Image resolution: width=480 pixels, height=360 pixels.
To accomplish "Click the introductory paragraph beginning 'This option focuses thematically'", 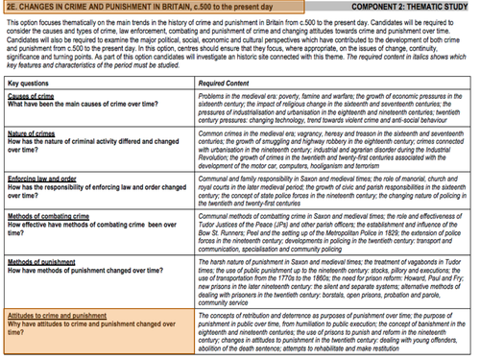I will [x=240, y=42].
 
